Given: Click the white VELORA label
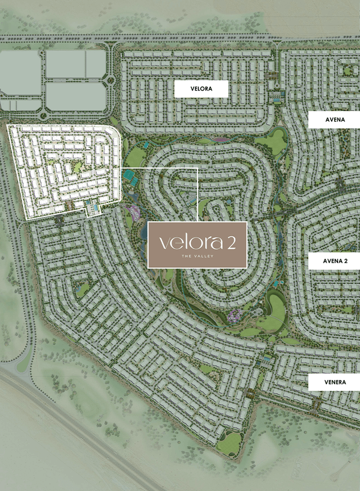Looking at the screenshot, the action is (x=201, y=89).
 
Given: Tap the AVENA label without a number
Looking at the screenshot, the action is (x=334, y=120).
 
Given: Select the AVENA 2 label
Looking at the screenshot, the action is (x=334, y=261).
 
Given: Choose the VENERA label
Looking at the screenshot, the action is (x=334, y=382).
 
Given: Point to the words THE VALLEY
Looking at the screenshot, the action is (x=197, y=256).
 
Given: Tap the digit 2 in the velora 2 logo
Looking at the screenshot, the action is (x=232, y=242).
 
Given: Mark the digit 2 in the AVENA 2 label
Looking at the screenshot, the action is (x=345, y=261).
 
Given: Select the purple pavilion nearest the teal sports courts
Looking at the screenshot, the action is (x=133, y=211).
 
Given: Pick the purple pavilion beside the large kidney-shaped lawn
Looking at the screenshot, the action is (x=235, y=314).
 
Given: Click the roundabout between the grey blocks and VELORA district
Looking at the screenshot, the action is (x=110, y=80).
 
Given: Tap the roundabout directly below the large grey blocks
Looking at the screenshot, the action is (x=43, y=116).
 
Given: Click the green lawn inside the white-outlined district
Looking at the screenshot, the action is (x=76, y=167).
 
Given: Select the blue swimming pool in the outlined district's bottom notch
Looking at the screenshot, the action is (x=93, y=208).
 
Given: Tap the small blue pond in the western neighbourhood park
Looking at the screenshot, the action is (x=78, y=287).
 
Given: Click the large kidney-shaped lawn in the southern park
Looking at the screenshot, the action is (x=276, y=310).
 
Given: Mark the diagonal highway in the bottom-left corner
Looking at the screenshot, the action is (x=73, y=430).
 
